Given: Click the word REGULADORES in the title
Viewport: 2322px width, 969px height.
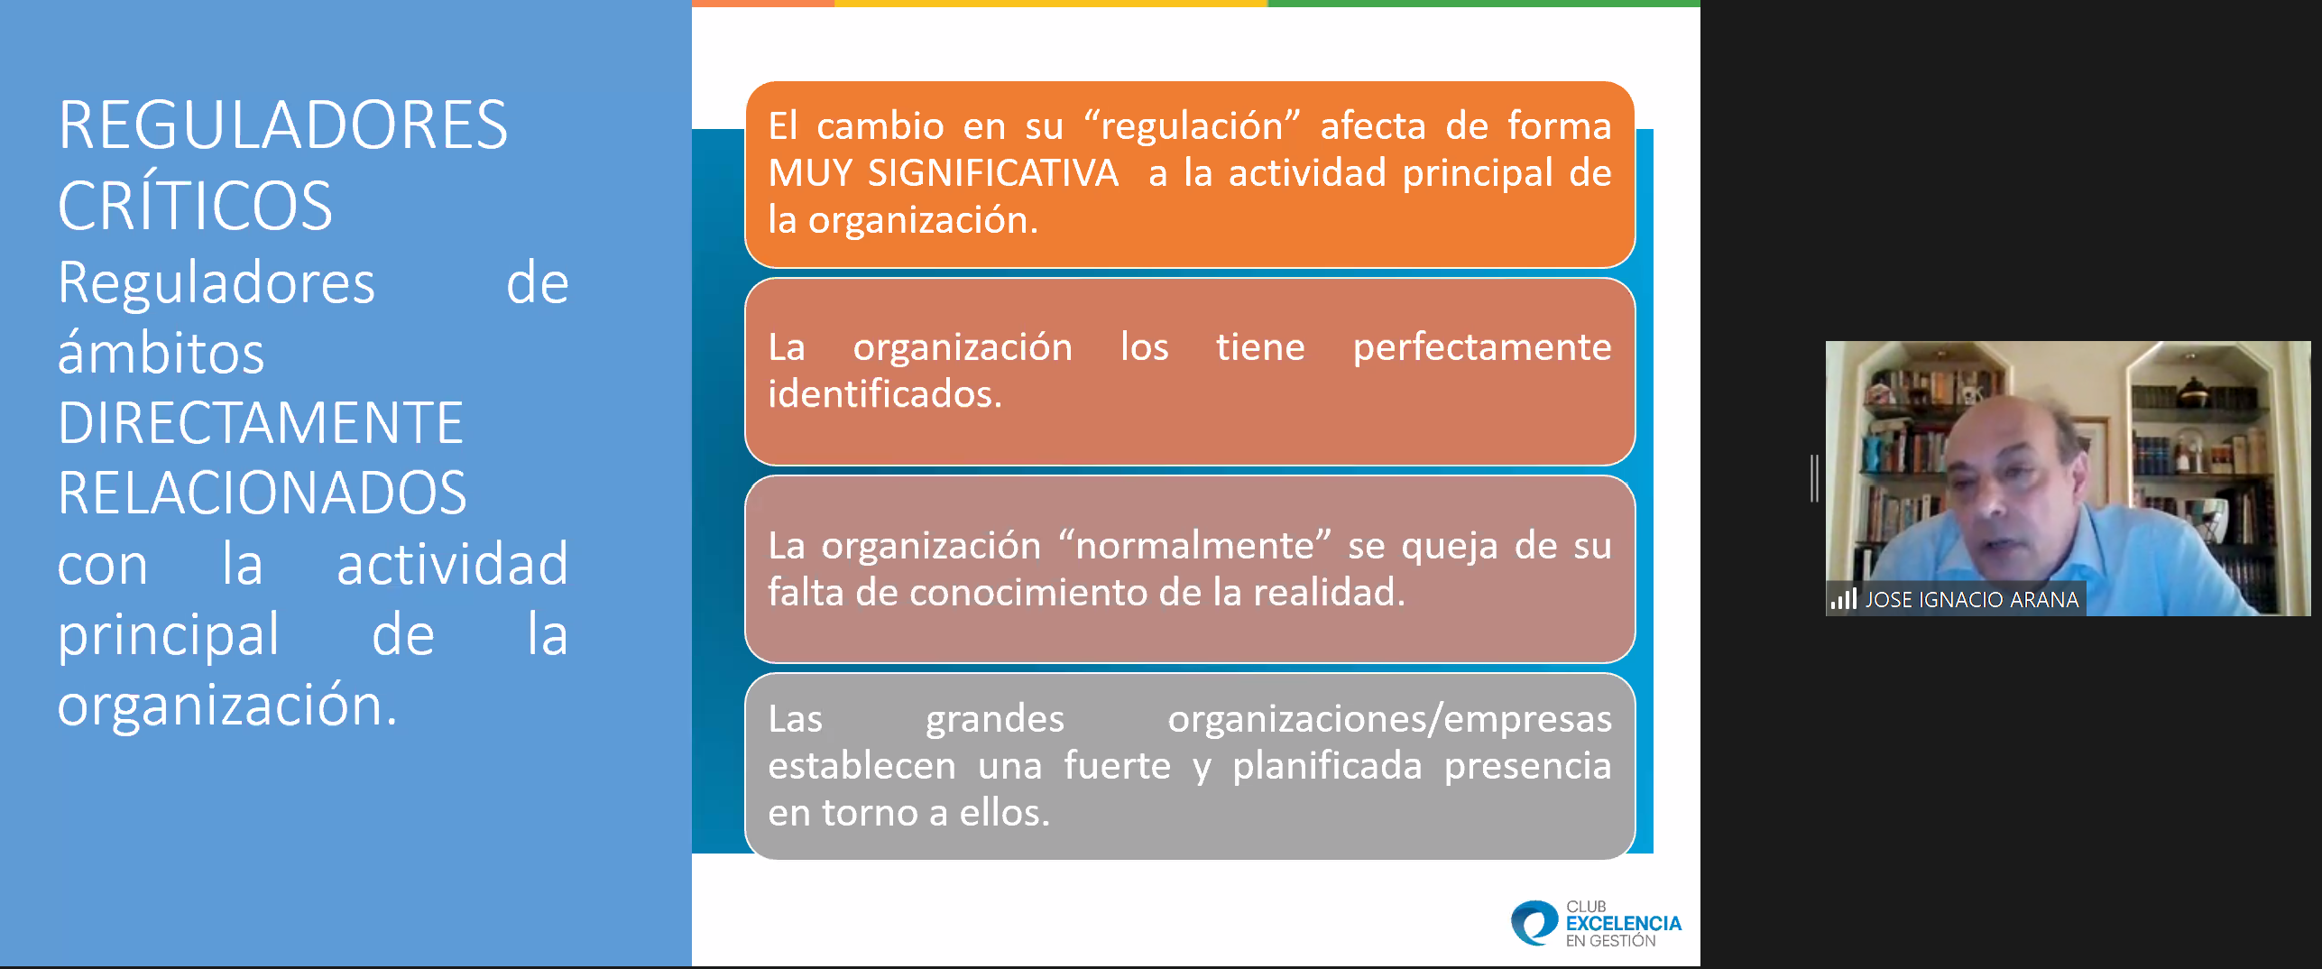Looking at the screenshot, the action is point(283,125).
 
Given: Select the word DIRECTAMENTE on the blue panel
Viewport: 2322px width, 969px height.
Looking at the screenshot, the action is point(261,422).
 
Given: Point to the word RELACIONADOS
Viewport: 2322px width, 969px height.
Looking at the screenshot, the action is point(263,493).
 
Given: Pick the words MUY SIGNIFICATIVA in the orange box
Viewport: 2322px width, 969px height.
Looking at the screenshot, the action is point(943,172).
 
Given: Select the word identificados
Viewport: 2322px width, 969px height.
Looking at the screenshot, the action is point(885,394).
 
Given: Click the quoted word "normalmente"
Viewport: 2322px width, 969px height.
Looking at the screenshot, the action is point(1194,545).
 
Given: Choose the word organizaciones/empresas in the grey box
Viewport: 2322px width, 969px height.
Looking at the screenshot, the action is point(1389,719).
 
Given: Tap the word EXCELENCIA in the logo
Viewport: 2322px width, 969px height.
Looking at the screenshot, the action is point(1623,923).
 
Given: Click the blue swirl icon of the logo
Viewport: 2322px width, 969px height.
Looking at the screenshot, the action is point(1534,923).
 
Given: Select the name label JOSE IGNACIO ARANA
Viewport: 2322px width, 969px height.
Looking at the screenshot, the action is point(1971,600).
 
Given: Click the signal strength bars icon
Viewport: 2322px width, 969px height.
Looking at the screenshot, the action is point(1843,598).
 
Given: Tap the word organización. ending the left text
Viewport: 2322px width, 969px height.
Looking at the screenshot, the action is point(227,706).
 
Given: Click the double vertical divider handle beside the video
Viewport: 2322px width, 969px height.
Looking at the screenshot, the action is point(1813,478).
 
